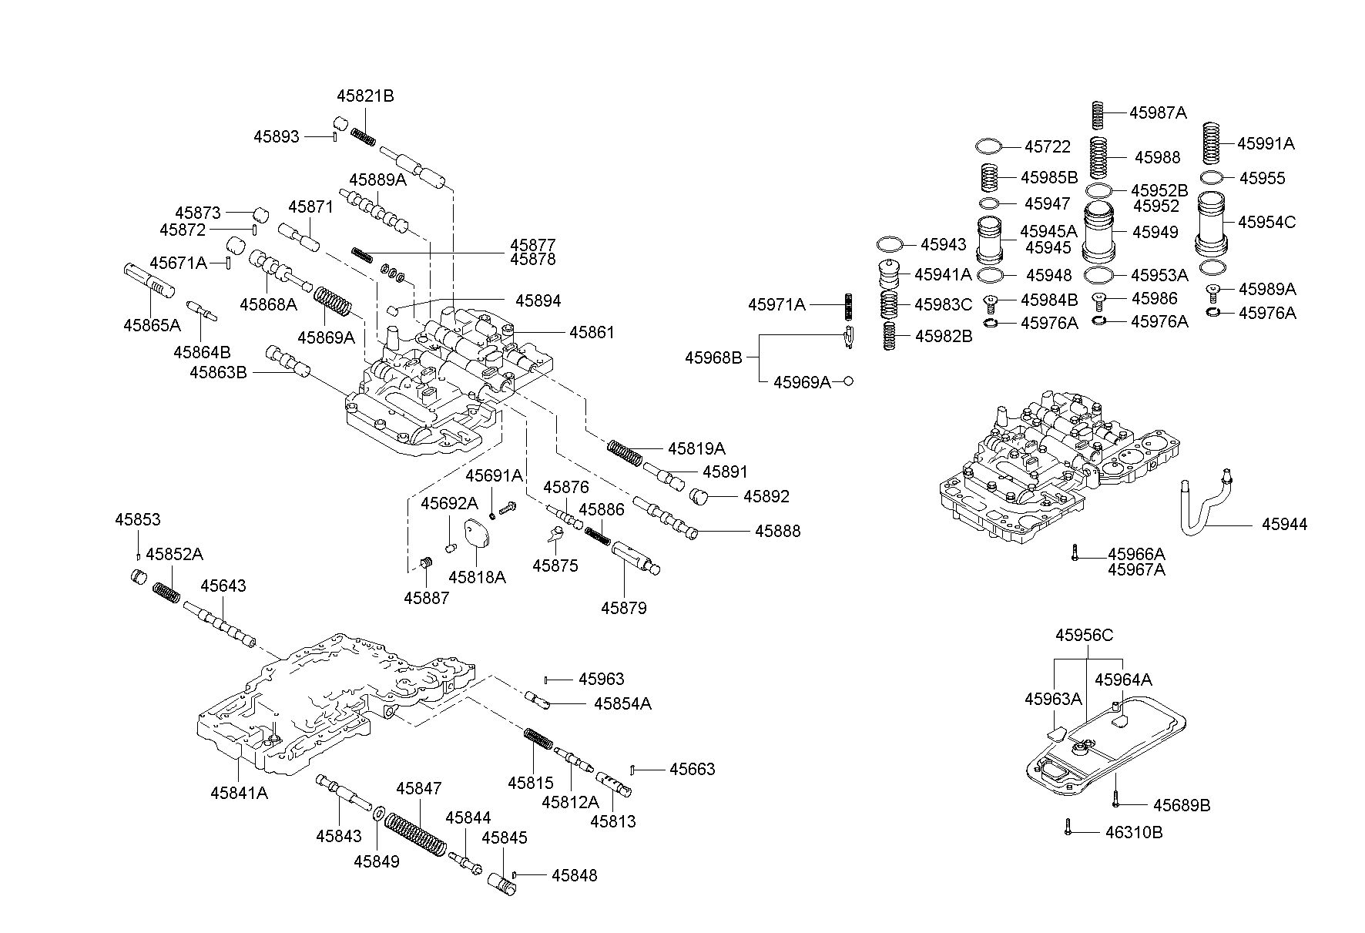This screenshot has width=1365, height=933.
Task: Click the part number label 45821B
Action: pyautogui.click(x=365, y=96)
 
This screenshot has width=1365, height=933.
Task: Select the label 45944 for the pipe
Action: pyautogui.click(x=1284, y=525)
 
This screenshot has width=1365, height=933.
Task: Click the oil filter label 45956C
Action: pyautogui.click(x=1084, y=635)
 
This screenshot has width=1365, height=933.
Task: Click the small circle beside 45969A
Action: pyautogui.click(x=848, y=381)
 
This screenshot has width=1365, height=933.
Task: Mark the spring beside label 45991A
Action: pyautogui.click(x=1213, y=143)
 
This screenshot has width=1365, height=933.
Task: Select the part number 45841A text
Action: pyautogui.click(x=240, y=792)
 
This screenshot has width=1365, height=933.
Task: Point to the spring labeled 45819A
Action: pyautogui.click(x=624, y=453)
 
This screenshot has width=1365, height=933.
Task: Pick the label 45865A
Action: pyautogui.click(x=152, y=324)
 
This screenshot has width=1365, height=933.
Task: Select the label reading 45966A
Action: pyautogui.click(x=1136, y=554)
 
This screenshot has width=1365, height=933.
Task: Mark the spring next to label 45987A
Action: pyautogui.click(x=1100, y=114)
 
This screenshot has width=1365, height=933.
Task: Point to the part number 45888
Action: pyautogui.click(x=777, y=531)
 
